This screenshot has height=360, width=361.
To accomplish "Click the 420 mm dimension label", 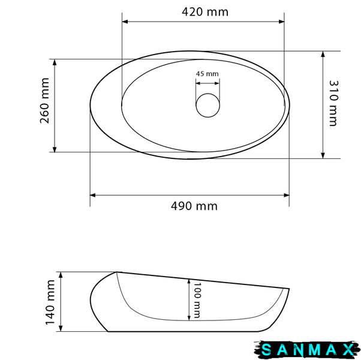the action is (205, 12).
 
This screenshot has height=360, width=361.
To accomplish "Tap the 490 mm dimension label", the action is (194, 206).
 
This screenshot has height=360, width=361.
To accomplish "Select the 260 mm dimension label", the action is (44, 101).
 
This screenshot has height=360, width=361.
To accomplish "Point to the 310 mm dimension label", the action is (333, 103).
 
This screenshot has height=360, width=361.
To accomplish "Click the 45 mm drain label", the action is (207, 74).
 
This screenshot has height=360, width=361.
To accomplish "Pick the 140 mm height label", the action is (50, 302).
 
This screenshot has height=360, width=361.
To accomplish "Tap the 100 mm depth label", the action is (197, 301).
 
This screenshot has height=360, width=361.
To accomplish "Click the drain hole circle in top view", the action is (207, 94).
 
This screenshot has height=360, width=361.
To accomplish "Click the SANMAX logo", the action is (307, 350).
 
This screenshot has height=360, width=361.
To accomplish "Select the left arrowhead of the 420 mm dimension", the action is (125, 22).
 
